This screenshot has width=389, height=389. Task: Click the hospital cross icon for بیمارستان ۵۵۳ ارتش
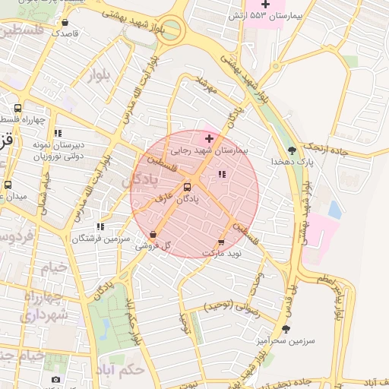pyautogui.click(x=265, y=4)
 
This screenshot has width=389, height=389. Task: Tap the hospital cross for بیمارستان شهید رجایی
pyautogui.click(x=210, y=138)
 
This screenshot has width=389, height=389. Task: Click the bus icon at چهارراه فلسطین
pyautogui.click(x=17, y=108)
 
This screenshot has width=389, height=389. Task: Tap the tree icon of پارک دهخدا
pyautogui.click(x=293, y=150)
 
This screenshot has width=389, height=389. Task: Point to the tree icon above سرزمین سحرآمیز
pyautogui.click(x=286, y=329)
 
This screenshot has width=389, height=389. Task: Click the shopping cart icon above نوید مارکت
pyautogui.click(x=221, y=241)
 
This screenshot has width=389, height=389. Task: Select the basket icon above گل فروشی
pyautogui.click(x=153, y=235)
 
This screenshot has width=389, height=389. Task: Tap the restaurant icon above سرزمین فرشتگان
pyautogui.click(x=100, y=226)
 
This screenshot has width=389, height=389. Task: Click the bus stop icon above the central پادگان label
pyautogui.click(x=187, y=187)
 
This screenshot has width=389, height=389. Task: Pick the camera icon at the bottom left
pyautogui.click(x=55, y=379)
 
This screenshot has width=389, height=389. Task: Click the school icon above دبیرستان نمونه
pyautogui.click(x=57, y=133)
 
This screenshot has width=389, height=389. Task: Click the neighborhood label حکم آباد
pyautogui.click(x=122, y=370)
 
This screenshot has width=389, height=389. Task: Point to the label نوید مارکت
pyautogui.click(x=222, y=252)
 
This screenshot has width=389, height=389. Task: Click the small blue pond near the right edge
pyautogui.click(x=334, y=210)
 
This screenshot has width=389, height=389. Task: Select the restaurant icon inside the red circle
pyautogui.click(x=221, y=174)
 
